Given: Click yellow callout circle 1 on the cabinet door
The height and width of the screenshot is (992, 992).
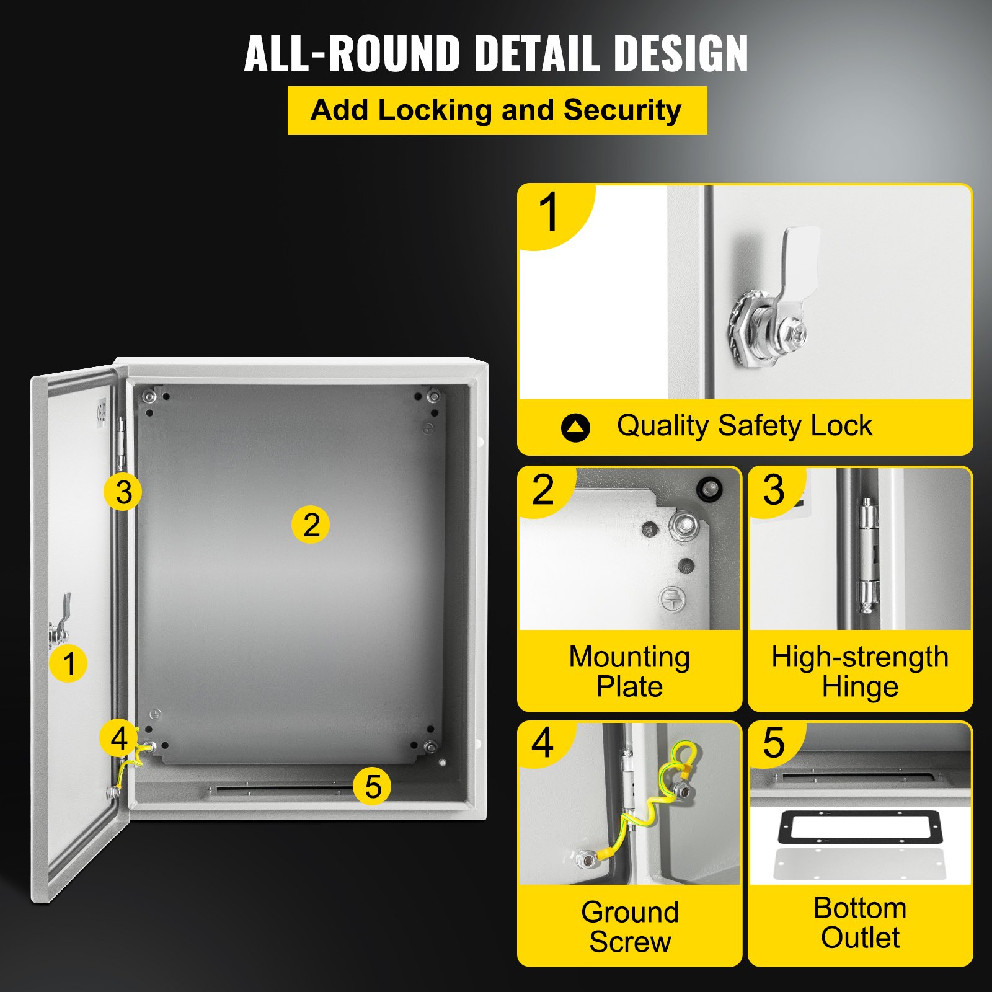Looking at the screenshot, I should (x=68, y=663).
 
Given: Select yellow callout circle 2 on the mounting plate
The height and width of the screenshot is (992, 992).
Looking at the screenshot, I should (x=311, y=525).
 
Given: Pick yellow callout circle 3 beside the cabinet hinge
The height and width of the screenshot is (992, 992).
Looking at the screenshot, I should (x=123, y=492).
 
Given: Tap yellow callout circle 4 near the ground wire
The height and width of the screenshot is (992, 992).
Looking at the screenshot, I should (x=118, y=738).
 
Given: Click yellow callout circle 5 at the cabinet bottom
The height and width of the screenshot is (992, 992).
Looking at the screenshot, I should (x=372, y=786).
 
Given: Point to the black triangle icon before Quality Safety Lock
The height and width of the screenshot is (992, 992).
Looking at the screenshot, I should (x=575, y=427).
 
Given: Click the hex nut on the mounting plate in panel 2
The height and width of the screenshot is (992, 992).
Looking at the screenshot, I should (x=683, y=526).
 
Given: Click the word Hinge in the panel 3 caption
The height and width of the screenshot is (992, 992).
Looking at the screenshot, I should (x=860, y=687).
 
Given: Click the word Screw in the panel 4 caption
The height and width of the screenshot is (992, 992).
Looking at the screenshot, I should (x=630, y=942).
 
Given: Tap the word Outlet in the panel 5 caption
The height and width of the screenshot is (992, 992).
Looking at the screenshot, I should (x=860, y=937).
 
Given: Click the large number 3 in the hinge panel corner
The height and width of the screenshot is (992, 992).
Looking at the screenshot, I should (x=774, y=490).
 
